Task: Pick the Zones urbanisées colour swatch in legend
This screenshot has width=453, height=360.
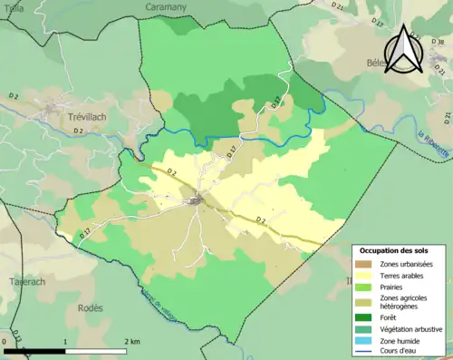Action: (x=365, y=263)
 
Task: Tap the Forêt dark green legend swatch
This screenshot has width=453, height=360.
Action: (x=365, y=316)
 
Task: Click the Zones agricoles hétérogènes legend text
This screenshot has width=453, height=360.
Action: (x=404, y=302)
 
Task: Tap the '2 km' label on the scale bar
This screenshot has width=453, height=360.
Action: (x=131, y=342)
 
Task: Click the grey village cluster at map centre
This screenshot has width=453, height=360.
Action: (x=196, y=199)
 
